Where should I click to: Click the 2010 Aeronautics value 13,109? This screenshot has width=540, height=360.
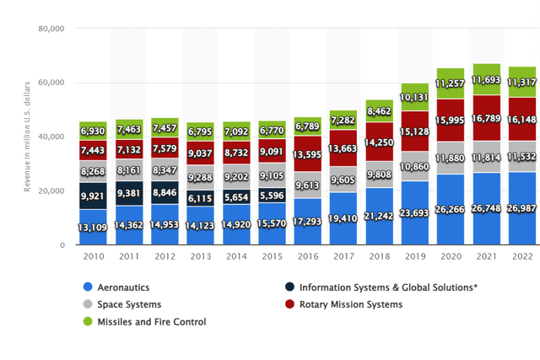coord(92,225)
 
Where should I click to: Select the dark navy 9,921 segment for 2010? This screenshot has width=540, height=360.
coord(92,196)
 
